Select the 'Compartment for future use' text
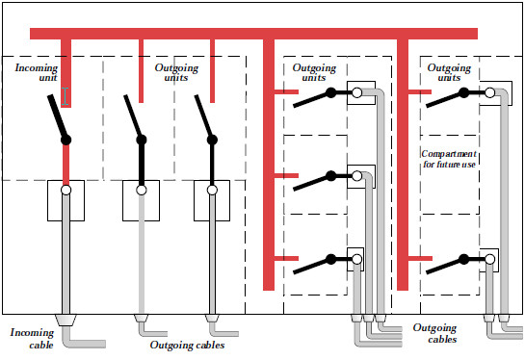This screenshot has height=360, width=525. click(449, 160)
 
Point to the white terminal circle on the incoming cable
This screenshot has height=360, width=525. click(66, 191)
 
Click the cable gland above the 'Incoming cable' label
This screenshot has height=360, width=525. click(66, 318)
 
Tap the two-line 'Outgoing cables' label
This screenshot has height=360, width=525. click(434, 333)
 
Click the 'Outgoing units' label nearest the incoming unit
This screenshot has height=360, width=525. click(176, 75)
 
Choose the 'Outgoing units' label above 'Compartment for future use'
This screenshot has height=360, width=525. click(448, 75)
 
